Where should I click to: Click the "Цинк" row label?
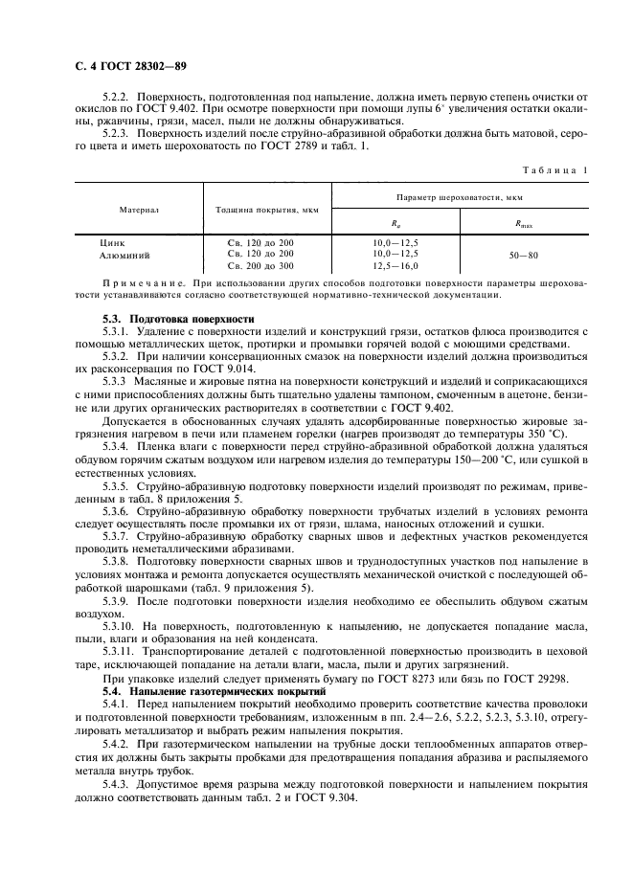click(x=112, y=243)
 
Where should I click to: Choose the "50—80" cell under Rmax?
click(x=525, y=255)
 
